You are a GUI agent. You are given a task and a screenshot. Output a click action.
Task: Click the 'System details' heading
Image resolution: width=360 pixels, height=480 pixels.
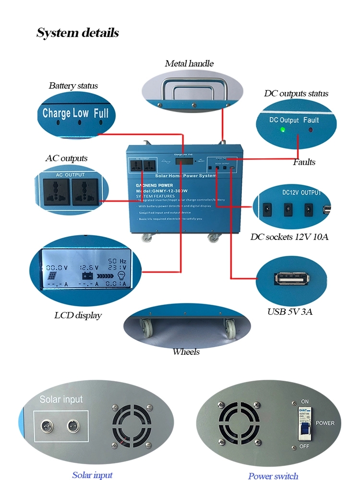point(77,33)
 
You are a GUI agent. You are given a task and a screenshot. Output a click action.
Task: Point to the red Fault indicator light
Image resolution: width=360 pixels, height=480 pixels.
point(311,129)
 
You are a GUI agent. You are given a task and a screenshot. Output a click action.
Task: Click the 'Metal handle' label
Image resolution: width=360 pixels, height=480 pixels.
point(189,63)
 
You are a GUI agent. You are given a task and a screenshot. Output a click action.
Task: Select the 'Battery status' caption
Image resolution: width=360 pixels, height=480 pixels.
point(73,86)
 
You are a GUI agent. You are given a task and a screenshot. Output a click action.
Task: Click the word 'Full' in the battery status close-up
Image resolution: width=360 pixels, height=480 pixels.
point(101,113)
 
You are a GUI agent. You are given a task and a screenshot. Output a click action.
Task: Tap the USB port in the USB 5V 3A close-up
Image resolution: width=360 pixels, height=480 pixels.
point(287,279)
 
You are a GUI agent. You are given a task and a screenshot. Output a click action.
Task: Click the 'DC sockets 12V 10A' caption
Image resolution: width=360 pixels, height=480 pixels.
point(289,237)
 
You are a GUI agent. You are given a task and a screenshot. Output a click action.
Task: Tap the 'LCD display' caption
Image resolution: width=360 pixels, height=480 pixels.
point(78,315)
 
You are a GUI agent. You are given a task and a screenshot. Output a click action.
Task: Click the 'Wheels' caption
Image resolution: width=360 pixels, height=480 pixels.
point(186,352)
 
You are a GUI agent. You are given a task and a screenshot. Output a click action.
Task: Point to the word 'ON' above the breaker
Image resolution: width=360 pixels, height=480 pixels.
point(304,401)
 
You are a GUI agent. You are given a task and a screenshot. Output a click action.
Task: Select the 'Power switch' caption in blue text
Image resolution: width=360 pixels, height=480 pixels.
point(273,476)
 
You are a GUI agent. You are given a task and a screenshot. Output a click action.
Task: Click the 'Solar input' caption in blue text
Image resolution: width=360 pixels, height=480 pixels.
point(92,475)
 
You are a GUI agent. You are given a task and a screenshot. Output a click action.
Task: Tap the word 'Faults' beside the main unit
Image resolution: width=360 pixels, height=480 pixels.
point(304,162)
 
